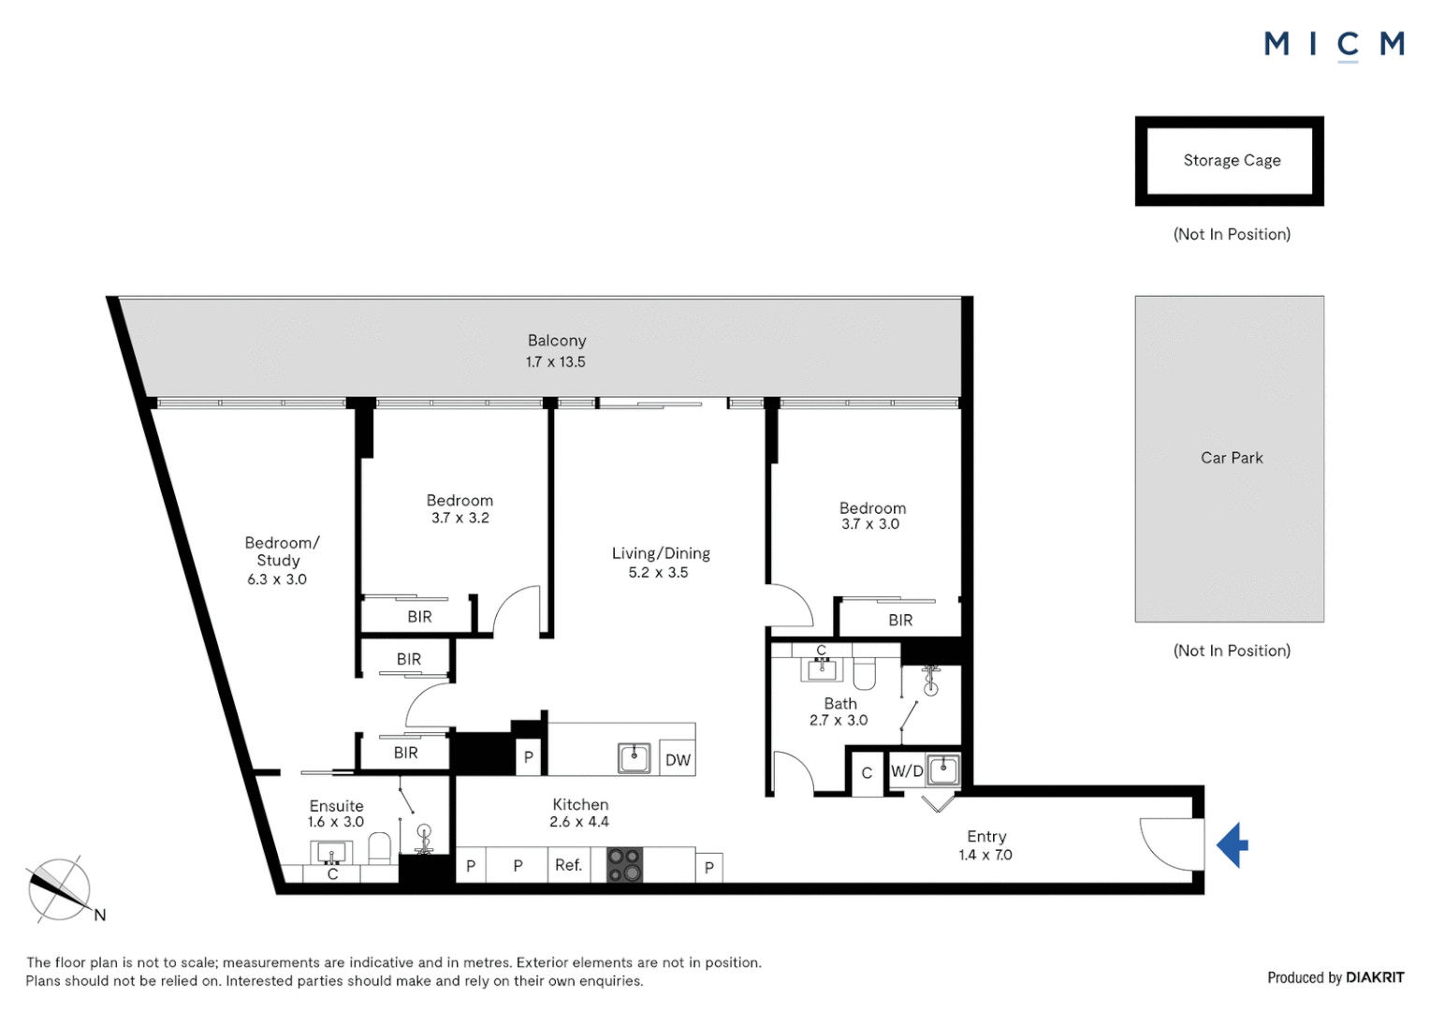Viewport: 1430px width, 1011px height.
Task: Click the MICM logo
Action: click(1334, 44)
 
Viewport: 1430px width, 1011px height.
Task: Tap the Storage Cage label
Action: click(1231, 161)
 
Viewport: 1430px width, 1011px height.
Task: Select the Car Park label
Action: click(1231, 458)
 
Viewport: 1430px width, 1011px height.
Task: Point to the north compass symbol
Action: click(60, 889)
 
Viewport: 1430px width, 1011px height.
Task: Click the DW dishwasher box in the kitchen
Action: click(678, 759)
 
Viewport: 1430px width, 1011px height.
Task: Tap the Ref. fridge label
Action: click(568, 865)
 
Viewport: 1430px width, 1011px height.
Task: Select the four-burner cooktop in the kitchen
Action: click(625, 865)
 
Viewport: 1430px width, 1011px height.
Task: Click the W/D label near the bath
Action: click(906, 771)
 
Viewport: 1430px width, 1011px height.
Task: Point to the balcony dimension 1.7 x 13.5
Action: click(555, 362)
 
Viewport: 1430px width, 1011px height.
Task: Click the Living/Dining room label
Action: click(661, 553)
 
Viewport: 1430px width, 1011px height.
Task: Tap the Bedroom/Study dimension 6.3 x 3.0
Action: click(277, 579)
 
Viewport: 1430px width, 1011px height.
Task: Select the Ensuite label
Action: click(336, 805)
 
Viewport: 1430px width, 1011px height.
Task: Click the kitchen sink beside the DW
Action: click(635, 758)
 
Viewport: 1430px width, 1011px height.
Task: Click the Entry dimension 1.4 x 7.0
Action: click(985, 855)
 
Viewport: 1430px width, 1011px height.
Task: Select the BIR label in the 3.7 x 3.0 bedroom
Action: click(900, 620)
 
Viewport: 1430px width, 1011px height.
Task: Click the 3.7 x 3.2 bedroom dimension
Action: click(460, 518)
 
